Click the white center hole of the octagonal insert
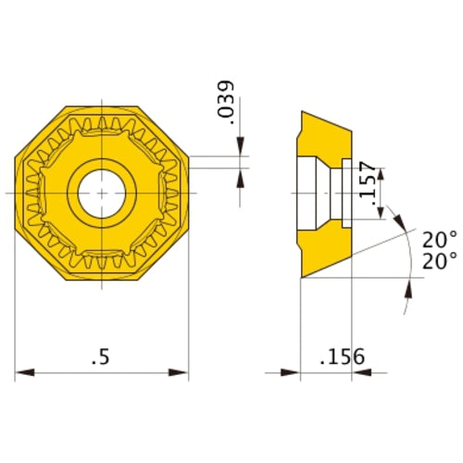point(102,192)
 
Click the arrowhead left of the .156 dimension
point(291,373)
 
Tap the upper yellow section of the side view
point(324,134)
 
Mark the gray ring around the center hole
point(102,168)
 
